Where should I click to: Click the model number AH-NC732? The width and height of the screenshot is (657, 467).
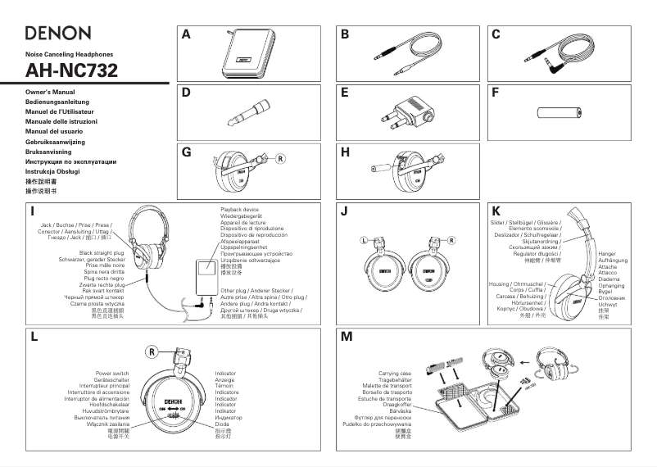pos(72,70)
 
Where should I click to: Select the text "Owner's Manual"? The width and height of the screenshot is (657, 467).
pos(51,93)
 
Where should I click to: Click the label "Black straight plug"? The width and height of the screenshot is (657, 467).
pos(102,254)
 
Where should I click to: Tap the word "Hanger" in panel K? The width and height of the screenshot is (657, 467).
pos(607,254)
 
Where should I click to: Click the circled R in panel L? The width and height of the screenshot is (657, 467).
pos(152,352)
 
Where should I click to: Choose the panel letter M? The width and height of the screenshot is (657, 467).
pos(346,337)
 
